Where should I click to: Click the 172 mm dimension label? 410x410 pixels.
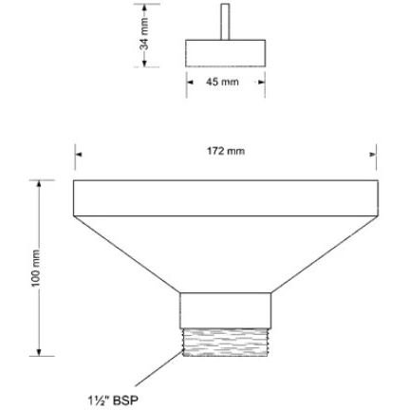pos(226,151)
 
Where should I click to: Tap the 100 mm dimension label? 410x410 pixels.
pos(36,269)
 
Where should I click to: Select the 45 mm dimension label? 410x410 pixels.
pos(222,82)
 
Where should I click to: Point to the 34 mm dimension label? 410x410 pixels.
pos(144,34)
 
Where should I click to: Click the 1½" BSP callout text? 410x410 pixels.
pos(113,401)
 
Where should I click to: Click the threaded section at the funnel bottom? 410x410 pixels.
pos(226,342)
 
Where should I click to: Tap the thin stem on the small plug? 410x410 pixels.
pos(225,22)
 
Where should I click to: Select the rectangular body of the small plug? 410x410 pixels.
pos(225,53)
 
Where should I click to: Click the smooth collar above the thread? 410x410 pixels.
pos(226,310)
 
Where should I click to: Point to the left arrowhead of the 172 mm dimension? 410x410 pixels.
pos(79,155)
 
